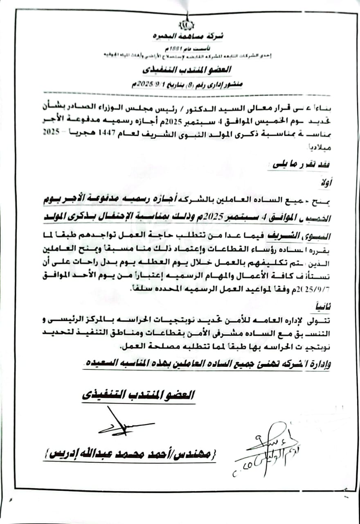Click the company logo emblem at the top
point(187,24)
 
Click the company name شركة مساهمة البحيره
point(187,36)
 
